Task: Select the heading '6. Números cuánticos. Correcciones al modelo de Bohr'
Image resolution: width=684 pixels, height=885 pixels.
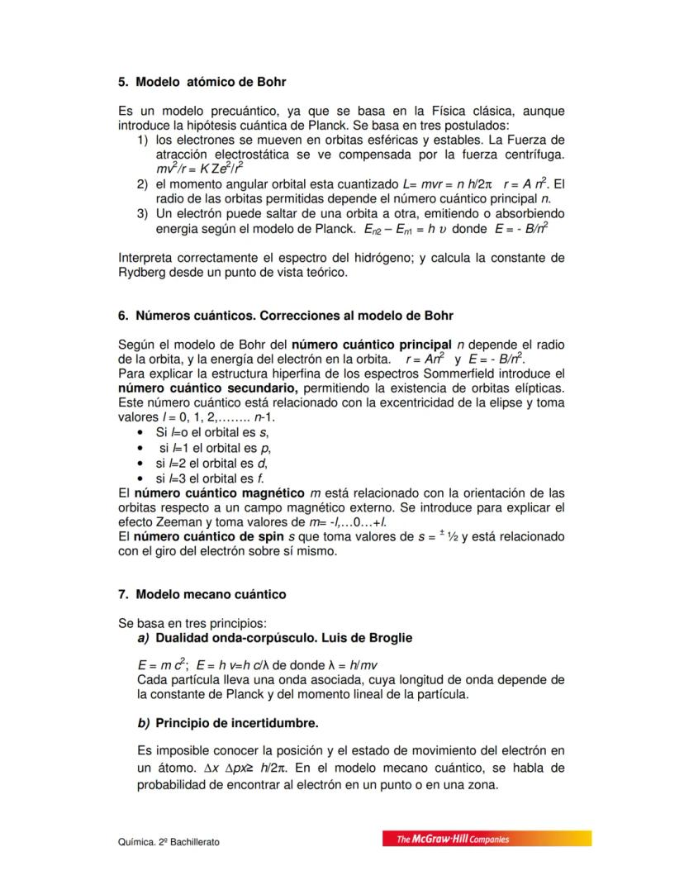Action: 286,316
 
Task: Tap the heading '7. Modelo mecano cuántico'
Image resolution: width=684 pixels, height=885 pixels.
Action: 202,594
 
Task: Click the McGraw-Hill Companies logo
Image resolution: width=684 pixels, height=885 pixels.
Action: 487,839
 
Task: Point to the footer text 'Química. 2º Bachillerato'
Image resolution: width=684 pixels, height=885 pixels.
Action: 169,842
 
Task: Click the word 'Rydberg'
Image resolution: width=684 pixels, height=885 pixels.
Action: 145,271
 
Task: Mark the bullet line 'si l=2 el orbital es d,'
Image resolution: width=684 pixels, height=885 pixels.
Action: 211,463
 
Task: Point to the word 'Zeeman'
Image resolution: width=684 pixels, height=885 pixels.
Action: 178,522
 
